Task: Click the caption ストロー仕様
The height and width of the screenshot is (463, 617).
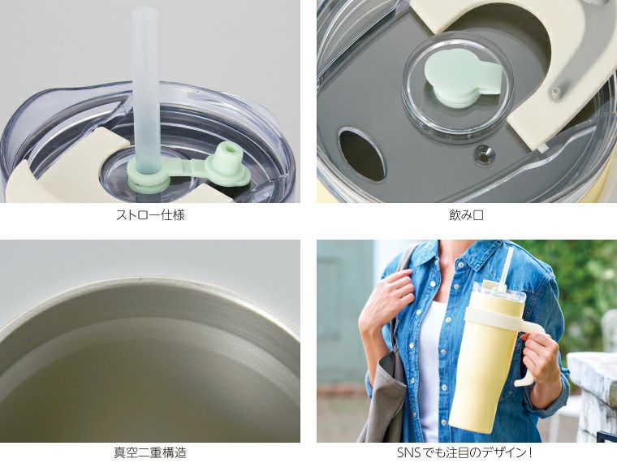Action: pos(150,216)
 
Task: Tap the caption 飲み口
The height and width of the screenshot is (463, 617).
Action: pos(466,216)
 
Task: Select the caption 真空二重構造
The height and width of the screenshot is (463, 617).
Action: pos(150,452)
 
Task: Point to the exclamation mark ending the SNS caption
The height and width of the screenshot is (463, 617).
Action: pos(530,452)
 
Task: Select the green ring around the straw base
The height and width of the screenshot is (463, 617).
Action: pos(149,176)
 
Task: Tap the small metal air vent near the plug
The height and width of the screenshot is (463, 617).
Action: pos(484,151)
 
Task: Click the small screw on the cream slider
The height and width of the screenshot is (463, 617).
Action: pos(555,93)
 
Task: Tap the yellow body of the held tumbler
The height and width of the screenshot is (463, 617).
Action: pos(483,374)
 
